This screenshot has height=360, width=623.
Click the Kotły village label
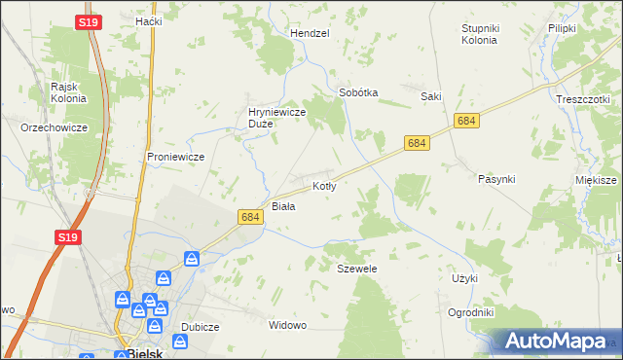click(324, 185)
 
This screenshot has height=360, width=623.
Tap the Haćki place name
click(149, 20)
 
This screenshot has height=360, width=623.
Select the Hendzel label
click(310, 32)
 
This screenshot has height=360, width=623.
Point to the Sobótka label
click(357, 93)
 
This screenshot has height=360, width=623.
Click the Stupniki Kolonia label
click(479, 34)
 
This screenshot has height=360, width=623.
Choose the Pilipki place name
click(563, 29)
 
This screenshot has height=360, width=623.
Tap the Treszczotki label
click(582, 99)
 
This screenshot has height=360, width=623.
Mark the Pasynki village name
click(496, 179)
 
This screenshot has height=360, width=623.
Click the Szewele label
click(356, 268)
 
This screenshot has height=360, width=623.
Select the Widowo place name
click(287, 325)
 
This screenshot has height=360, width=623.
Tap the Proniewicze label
click(174, 156)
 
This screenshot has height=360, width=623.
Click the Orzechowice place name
click(55, 127)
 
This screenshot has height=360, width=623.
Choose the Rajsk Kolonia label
click(69, 91)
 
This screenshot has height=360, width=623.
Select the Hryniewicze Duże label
click(277, 118)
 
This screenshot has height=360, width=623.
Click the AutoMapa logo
click(555, 341)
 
